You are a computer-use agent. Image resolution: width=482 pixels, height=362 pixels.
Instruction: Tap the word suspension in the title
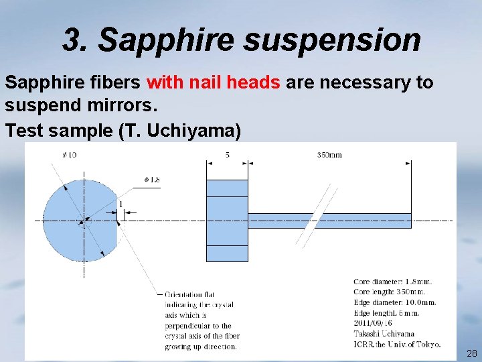point(332,40)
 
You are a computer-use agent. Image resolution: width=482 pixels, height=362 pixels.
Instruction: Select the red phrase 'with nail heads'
point(214,83)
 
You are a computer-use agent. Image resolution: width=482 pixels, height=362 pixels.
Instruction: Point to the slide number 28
point(472,353)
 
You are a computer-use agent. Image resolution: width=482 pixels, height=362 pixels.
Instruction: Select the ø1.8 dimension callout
point(152,180)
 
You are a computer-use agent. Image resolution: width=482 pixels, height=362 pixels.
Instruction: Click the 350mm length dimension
point(329,156)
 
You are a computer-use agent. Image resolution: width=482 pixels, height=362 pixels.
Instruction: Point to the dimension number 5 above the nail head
point(228,155)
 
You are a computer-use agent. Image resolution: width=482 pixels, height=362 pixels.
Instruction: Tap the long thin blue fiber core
point(328,220)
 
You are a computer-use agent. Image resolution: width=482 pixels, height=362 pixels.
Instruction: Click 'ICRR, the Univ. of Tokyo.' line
point(397,344)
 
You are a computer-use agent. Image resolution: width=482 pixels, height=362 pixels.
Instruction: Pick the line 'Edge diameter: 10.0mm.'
point(395,302)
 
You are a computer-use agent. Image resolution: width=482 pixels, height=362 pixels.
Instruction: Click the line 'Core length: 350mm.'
point(389,292)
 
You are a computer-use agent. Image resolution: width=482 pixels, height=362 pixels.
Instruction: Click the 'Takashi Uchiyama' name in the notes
point(384,333)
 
